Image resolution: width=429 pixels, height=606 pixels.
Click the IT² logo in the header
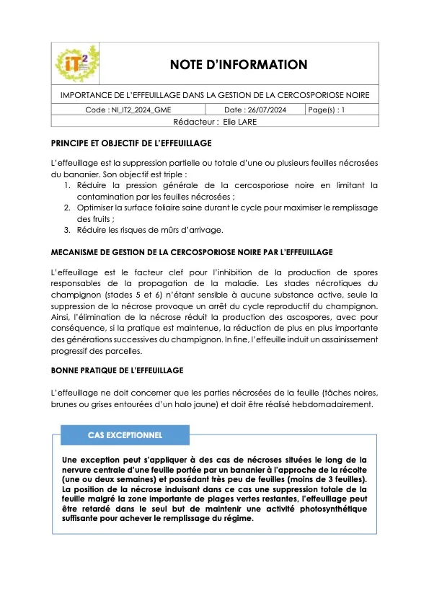click(x=77, y=65)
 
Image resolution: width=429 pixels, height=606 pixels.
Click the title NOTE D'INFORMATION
click(x=239, y=65)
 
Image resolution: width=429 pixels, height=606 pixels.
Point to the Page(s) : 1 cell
click(x=327, y=110)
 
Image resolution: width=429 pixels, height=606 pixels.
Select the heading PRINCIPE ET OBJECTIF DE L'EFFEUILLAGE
click(x=131, y=143)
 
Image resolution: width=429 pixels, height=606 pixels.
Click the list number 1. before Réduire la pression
click(x=67, y=185)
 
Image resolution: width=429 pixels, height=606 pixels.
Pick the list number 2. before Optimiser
click(x=67, y=208)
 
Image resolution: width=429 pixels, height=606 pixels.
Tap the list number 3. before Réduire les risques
click(x=67, y=230)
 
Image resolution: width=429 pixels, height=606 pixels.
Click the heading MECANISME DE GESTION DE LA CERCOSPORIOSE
click(x=191, y=252)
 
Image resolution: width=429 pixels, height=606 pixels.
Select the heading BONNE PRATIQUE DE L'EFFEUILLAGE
click(x=117, y=370)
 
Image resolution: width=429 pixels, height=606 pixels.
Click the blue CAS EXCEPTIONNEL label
click(x=125, y=435)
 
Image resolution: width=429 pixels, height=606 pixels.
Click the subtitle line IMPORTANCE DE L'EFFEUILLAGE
click(x=214, y=95)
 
